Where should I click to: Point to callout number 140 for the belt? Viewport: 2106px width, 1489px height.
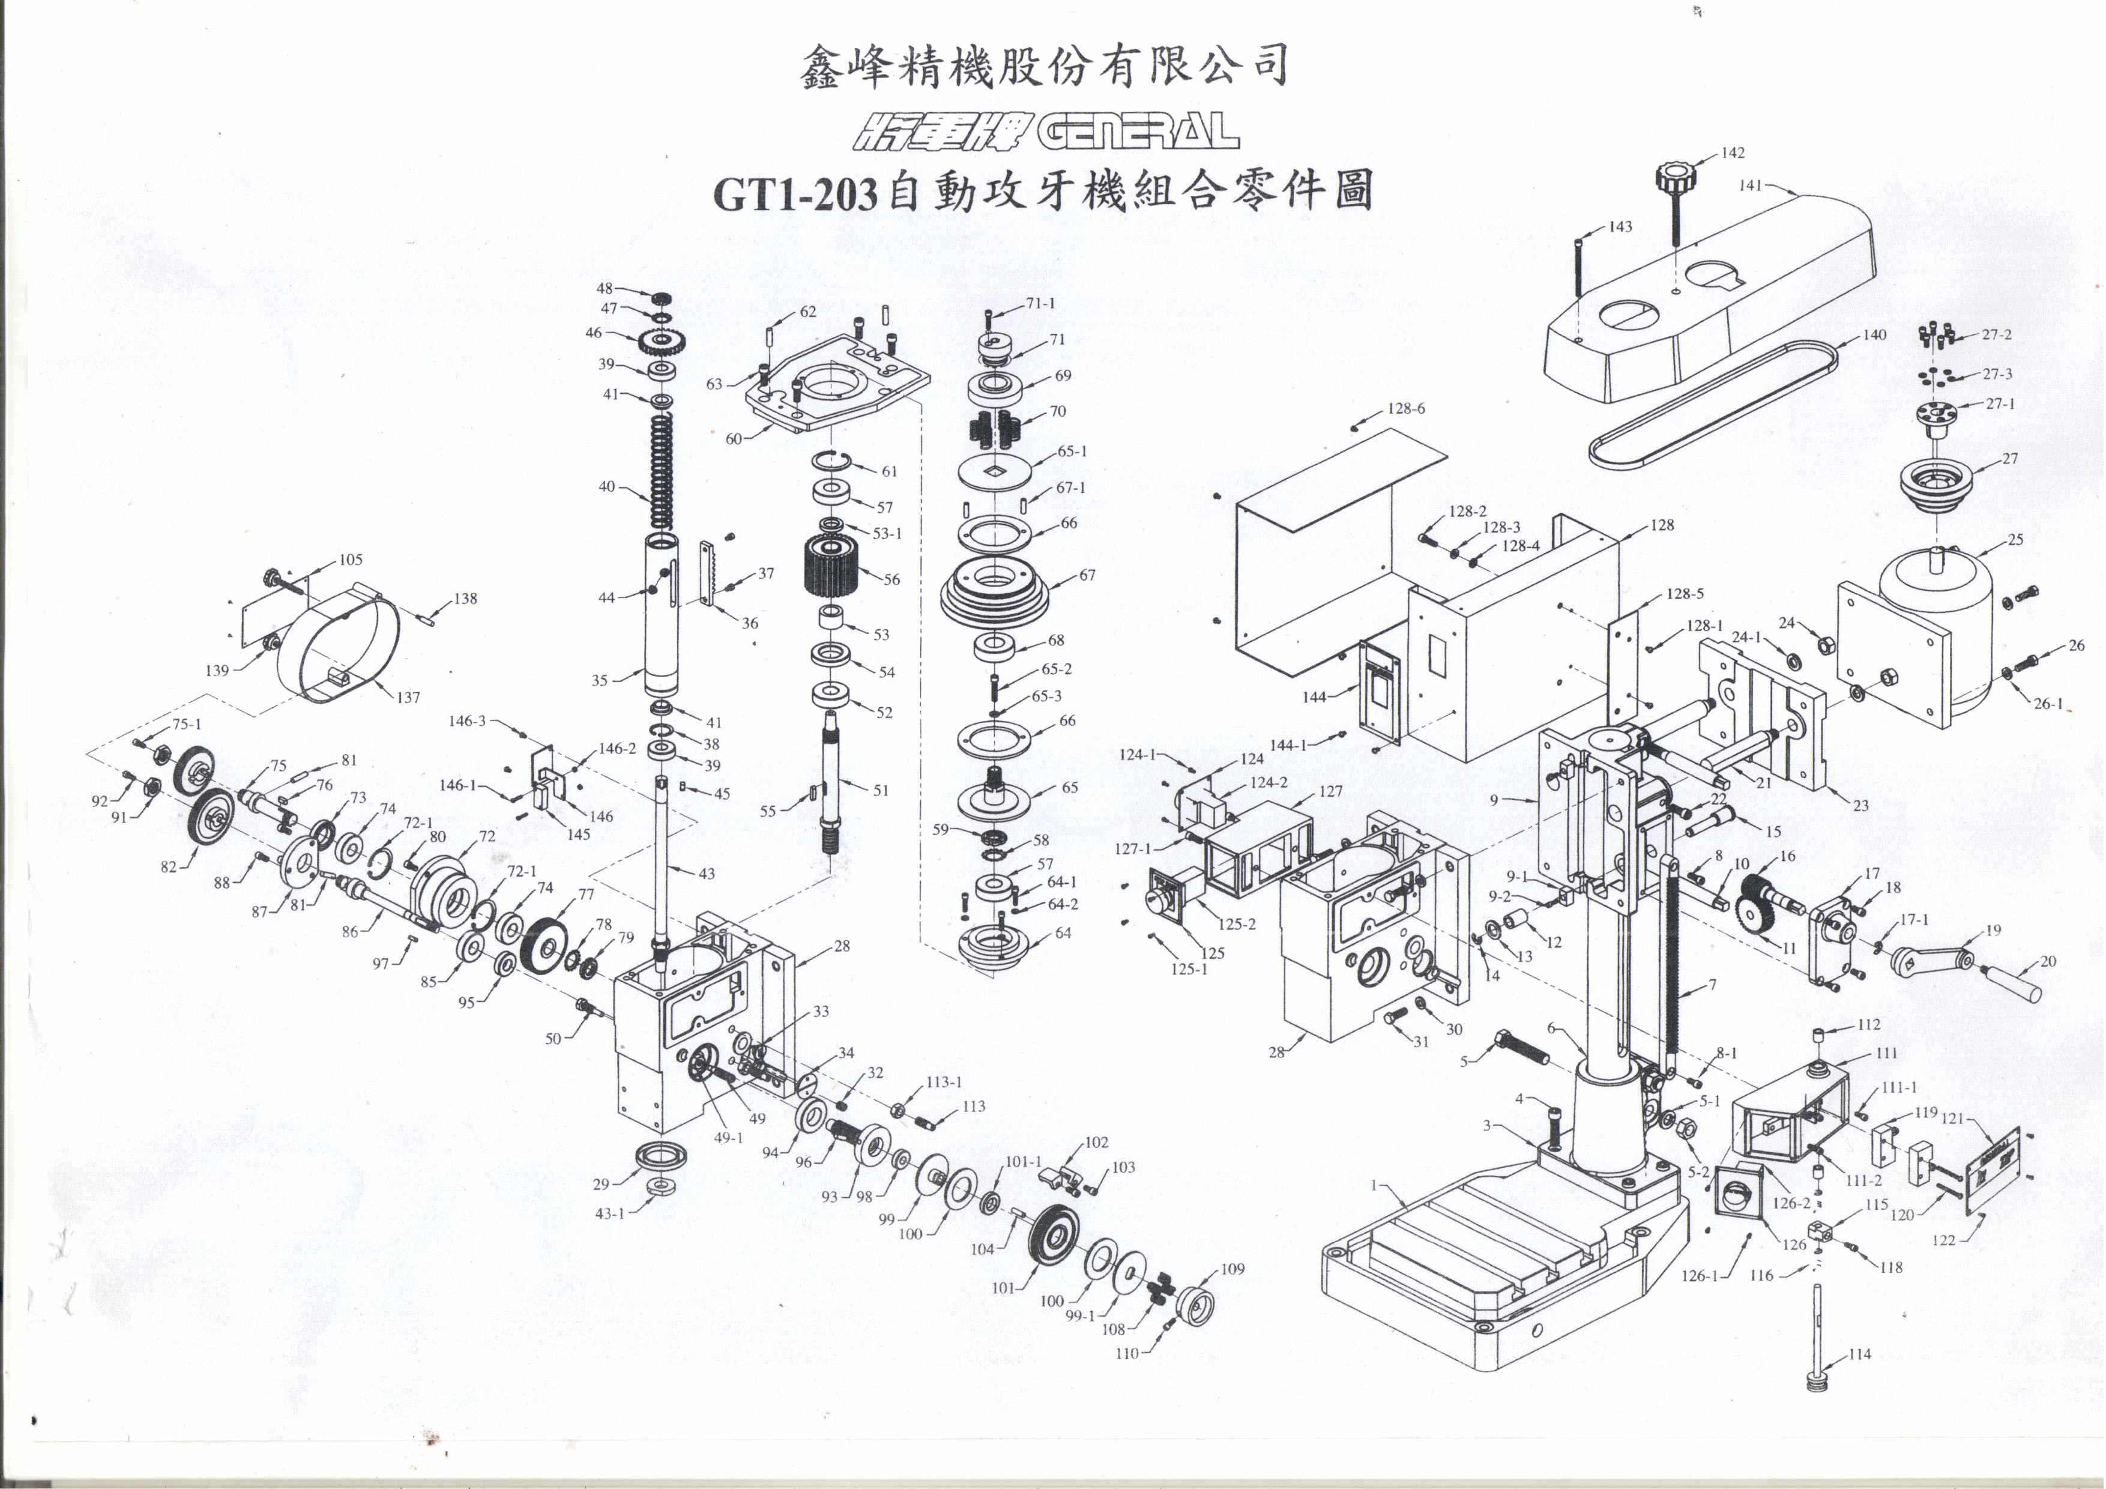pos(1873,335)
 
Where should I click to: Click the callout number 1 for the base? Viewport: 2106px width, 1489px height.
pos(1374,1185)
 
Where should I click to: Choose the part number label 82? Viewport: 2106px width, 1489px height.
pos(168,866)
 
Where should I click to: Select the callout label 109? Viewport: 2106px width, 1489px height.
pos(1232,1269)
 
